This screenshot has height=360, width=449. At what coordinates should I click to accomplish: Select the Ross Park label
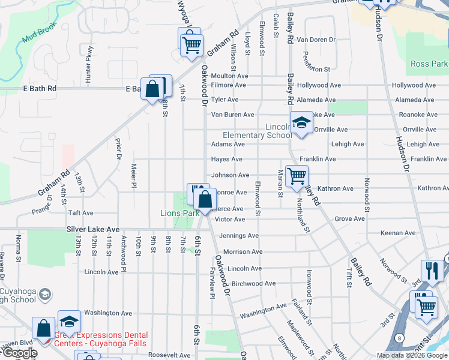click(x=429, y=64)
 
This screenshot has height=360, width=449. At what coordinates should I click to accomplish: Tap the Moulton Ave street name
click(x=229, y=76)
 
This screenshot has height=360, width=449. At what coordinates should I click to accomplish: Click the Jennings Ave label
click(x=239, y=236)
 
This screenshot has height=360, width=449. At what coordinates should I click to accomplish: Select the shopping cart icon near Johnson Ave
click(x=297, y=176)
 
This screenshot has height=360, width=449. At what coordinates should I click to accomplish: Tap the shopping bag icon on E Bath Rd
click(x=153, y=89)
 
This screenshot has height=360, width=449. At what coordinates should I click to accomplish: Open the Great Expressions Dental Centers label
click(x=101, y=339)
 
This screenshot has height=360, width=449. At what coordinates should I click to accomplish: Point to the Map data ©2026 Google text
click(x=411, y=355)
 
